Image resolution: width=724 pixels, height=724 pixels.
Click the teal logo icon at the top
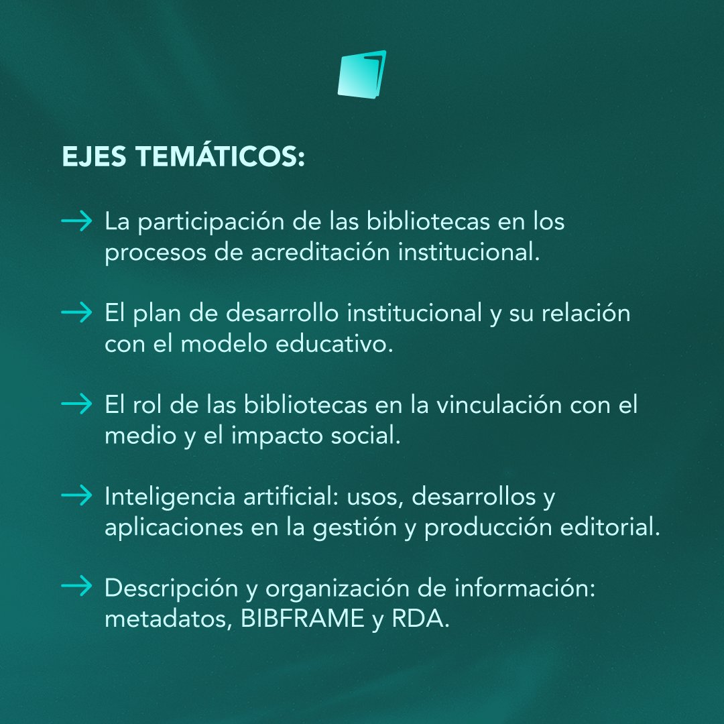pyautogui.click(x=362, y=73)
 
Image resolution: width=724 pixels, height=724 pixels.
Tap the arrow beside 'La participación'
pyautogui.click(x=76, y=222)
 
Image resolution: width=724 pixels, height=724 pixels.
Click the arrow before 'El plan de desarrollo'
pyautogui.click(x=76, y=313)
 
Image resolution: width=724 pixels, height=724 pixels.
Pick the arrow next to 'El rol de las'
pyautogui.click(x=76, y=404)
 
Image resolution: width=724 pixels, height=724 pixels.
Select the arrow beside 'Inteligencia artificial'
pyautogui.click(x=76, y=496)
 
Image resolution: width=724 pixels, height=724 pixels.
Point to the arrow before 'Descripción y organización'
pyautogui.click(x=76, y=587)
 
